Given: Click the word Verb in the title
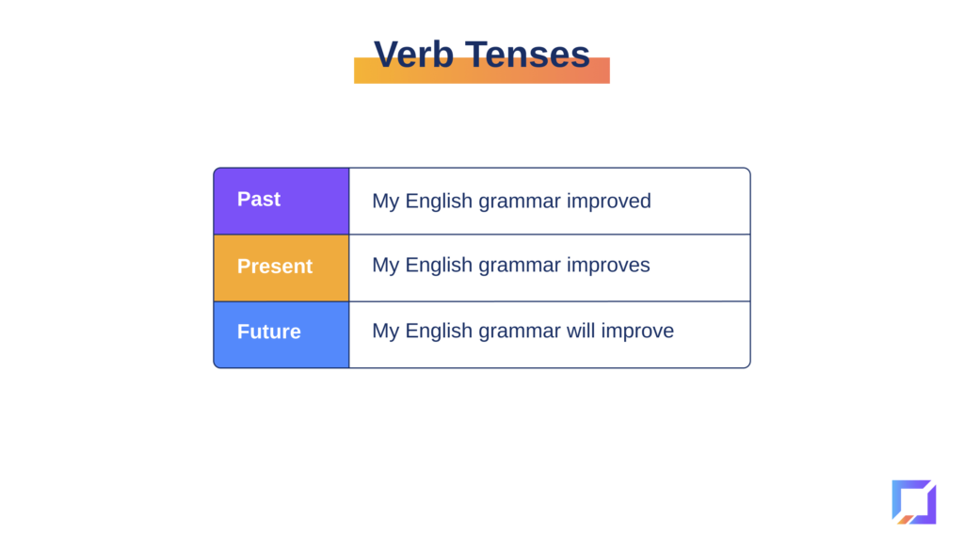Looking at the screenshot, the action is [x=414, y=54].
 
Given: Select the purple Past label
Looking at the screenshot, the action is [x=259, y=200].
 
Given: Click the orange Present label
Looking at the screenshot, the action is [x=275, y=267].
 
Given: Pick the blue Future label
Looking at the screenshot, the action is [x=269, y=332].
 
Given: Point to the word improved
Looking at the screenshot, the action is [x=609, y=202].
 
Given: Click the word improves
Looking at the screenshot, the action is [x=608, y=266].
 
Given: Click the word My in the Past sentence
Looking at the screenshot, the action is [x=385, y=202].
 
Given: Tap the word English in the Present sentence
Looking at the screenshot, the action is [x=439, y=266].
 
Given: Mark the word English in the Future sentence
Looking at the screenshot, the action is [x=439, y=332].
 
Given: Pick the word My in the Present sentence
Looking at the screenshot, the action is [x=385, y=266].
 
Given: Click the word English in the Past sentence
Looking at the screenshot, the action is [x=439, y=202].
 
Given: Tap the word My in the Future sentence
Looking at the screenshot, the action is [x=385, y=332].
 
